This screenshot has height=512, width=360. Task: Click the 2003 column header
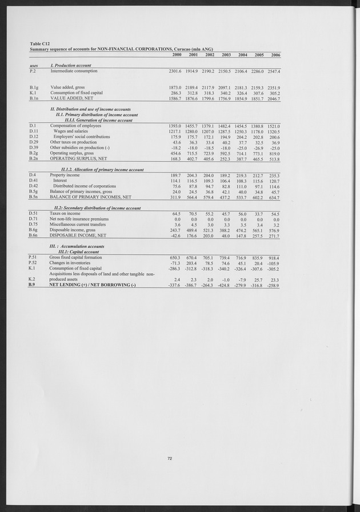[x=226, y=55]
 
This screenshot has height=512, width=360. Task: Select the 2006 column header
[x=275, y=55]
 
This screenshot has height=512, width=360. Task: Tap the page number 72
[x=170, y=458]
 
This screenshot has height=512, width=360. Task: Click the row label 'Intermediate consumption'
[x=74, y=71]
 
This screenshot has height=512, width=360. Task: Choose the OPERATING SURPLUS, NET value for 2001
[x=190, y=159]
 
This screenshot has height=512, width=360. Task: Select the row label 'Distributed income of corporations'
[x=85, y=186]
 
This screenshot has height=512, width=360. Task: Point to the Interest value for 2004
[x=241, y=181]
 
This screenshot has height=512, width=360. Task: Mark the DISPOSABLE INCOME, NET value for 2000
[x=174, y=235]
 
